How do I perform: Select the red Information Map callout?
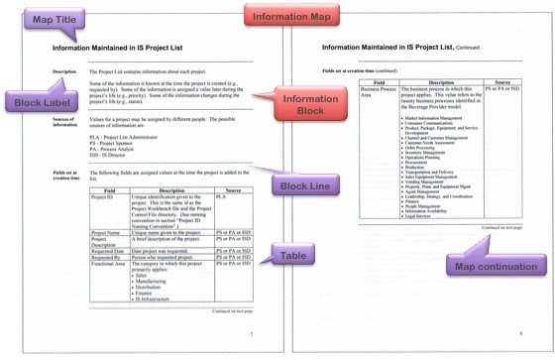pyautogui.click(x=278, y=15)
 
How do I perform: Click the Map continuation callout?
pyautogui.click(x=484, y=265)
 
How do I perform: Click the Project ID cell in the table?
pyautogui.click(x=103, y=197)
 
